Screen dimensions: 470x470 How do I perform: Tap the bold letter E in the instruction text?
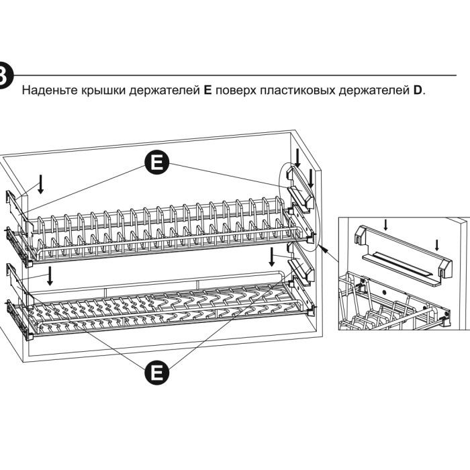tap(207, 89)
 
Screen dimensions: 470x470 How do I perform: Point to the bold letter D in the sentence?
tap(417, 89)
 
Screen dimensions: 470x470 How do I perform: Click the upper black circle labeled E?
tap(156, 161)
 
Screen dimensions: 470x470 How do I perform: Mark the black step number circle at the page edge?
tap(4, 75)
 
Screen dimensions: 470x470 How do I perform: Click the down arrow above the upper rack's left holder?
tap(41, 183)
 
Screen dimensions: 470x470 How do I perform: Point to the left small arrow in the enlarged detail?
tap(385, 224)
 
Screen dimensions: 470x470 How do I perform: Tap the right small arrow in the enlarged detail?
tap(436, 244)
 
